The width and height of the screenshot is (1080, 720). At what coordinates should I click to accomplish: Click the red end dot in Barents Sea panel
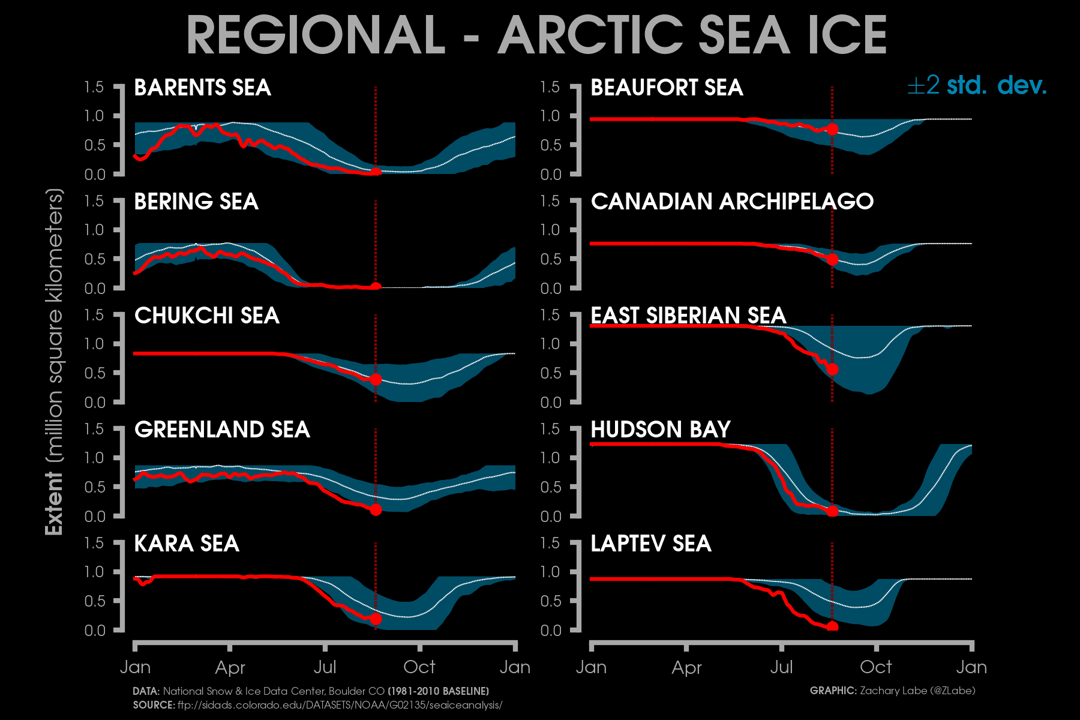point(376,172)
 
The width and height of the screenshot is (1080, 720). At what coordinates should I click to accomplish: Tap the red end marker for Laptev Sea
point(832,626)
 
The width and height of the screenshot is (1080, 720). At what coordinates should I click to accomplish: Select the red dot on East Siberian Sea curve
point(832,369)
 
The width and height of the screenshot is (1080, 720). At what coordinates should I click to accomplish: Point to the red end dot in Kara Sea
point(376,619)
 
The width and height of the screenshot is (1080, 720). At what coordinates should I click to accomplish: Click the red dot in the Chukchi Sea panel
point(376,379)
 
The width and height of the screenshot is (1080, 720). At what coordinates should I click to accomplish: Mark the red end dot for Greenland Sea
point(376,509)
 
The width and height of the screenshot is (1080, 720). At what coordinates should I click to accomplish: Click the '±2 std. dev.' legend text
point(977,86)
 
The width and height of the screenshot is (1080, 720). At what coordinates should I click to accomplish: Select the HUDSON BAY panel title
point(661,430)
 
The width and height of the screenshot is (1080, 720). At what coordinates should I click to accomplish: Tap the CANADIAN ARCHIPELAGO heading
point(732,202)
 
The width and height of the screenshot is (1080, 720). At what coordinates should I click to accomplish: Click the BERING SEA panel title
point(196,202)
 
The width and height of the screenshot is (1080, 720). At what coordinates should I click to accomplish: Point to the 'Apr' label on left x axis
point(230,667)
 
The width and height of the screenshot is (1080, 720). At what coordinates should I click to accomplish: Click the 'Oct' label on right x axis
point(876,667)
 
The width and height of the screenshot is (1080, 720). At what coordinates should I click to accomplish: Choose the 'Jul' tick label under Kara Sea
point(325,667)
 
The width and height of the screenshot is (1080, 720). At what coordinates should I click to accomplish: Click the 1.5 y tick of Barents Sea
point(94,87)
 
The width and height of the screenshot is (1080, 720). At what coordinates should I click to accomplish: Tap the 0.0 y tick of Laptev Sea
point(550,630)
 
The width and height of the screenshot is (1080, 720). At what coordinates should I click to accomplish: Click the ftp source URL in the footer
point(340,705)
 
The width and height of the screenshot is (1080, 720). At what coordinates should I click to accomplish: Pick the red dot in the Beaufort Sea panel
point(832,130)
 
